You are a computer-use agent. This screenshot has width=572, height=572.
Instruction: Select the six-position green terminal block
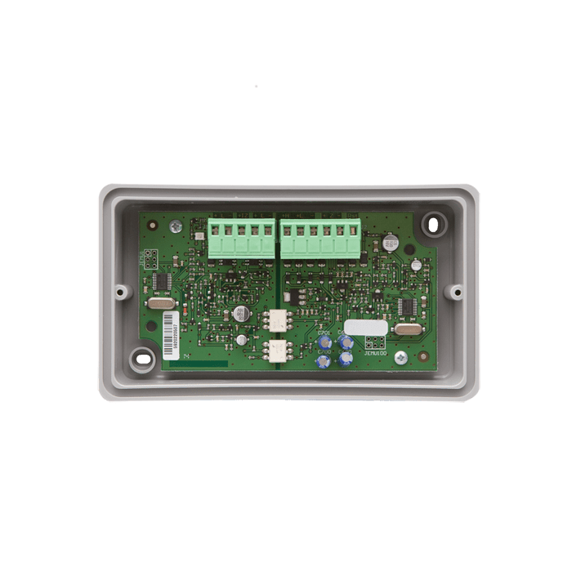click(320, 237)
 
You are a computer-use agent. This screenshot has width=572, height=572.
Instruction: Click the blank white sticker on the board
click(360, 327)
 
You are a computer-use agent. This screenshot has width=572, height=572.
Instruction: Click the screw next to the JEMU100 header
click(400, 357)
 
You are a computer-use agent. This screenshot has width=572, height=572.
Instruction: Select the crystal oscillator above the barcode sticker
click(161, 303)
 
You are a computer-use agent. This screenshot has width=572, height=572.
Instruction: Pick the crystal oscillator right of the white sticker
click(406, 328)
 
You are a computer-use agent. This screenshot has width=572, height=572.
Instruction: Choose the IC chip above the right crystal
click(406, 306)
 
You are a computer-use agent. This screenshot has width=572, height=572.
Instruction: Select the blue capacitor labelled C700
click(346, 342)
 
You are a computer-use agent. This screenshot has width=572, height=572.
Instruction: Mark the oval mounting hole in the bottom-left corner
click(144, 357)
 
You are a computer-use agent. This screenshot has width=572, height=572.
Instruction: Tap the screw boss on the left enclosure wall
click(120, 290)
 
